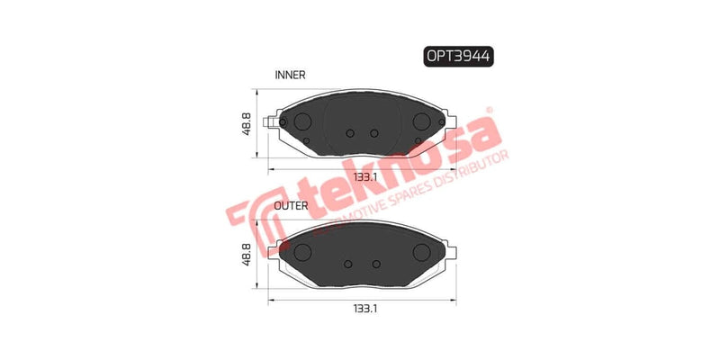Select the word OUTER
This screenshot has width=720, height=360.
pyautogui.click(x=292, y=206)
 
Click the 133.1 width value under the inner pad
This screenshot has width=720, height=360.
pyautogui.click(x=364, y=175)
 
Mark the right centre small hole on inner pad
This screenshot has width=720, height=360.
pyautogui.click(x=373, y=133)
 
